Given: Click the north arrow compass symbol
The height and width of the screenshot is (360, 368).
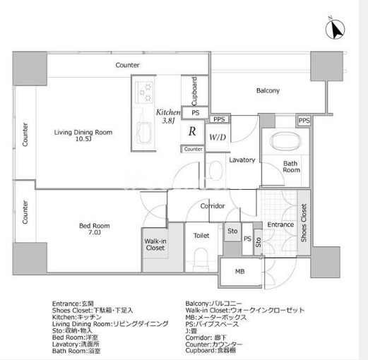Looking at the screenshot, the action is tap(335, 29).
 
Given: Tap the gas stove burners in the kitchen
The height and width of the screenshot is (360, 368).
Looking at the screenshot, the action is tap(144, 92).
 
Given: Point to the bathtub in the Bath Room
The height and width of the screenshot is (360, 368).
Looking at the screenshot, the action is tap(285, 140).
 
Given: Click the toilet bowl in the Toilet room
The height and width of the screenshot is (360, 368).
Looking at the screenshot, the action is tap(201, 257).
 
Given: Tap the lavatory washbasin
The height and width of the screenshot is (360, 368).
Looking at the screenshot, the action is tap(216, 170).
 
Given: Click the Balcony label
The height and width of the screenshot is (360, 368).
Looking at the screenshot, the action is tap(268, 90).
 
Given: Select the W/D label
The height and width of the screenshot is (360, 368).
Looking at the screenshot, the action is tap(218, 137).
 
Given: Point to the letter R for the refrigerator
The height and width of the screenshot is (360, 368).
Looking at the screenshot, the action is tap(192, 131).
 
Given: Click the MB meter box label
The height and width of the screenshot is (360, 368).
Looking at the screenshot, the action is tap(240, 272).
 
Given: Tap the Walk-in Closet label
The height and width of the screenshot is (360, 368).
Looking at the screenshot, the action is tap(155, 244).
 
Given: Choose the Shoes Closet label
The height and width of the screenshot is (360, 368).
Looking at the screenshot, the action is tap(304, 223).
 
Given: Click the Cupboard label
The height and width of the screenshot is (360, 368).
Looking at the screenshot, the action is tap(194, 91).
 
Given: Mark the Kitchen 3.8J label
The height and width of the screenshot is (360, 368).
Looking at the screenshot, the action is tap(168, 116).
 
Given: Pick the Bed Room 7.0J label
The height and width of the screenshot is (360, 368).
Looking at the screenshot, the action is tap(95, 229).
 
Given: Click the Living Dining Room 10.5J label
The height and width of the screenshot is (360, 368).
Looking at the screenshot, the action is tap(83, 136).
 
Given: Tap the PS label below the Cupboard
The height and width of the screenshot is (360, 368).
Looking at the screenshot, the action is tap(196, 113).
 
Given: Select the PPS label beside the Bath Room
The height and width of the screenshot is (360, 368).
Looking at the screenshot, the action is tap(304, 121).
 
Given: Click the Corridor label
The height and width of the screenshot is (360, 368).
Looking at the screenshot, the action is tap(213, 206).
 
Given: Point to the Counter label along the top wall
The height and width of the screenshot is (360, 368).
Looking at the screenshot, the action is tap(127, 65).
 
